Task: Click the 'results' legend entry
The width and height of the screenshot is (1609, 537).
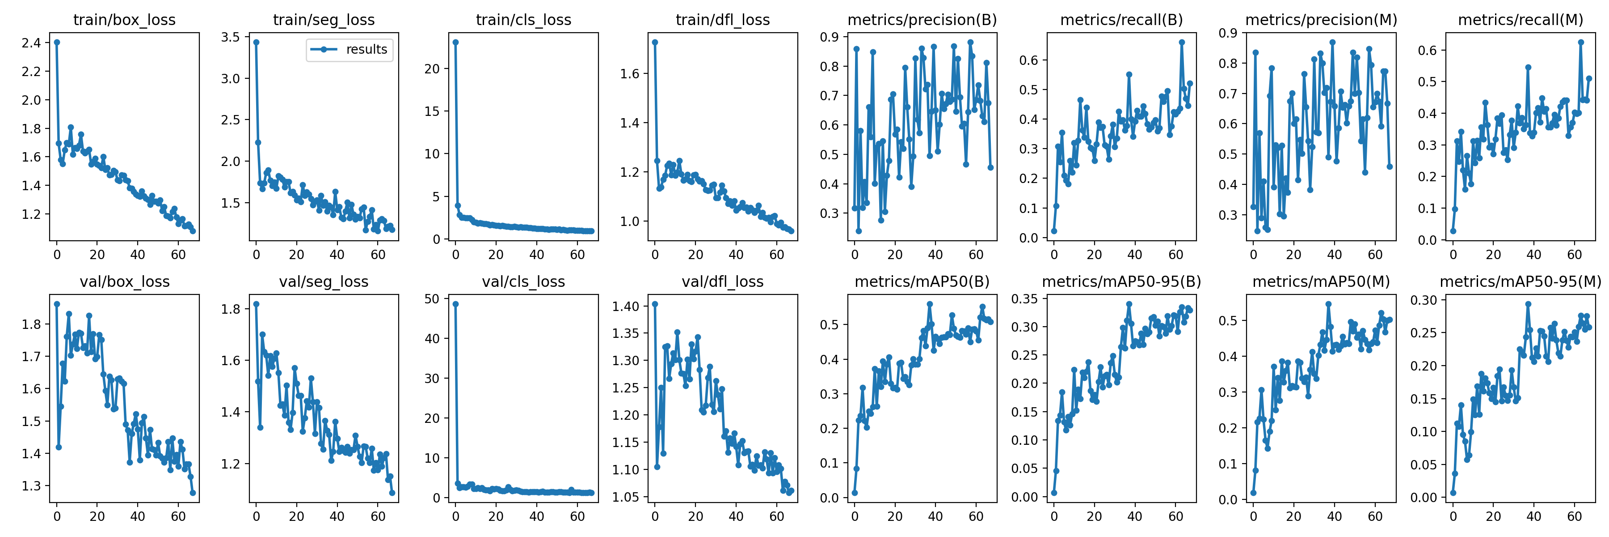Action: [x=366, y=49]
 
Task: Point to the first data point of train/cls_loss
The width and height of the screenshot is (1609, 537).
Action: [x=455, y=43]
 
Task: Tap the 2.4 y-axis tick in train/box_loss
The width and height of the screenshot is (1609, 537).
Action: [x=31, y=43]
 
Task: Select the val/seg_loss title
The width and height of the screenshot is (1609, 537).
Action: [x=324, y=282]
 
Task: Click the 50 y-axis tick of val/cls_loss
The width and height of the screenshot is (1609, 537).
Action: [x=432, y=299]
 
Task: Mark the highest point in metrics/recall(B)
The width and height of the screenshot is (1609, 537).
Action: [x=1182, y=43]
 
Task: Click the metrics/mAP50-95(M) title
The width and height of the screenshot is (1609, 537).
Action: [x=1521, y=282]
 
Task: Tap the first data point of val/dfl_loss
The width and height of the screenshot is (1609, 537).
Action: [x=655, y=304]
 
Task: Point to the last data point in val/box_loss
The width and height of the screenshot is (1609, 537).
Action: [x=192, y=493]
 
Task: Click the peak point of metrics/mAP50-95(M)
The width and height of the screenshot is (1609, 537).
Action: [x=1528, y=304]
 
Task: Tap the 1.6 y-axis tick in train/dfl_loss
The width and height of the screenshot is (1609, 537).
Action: [x=630, y=74]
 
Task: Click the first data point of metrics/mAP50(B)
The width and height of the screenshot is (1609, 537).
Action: [x=855, y=493]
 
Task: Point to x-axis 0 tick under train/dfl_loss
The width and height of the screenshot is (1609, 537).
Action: [x=655, y=255]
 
